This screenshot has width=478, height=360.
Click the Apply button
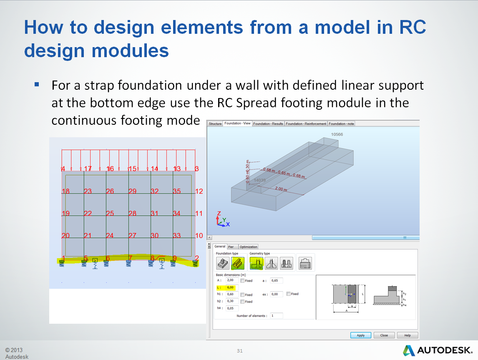point(360,335)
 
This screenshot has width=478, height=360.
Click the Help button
point(407,335)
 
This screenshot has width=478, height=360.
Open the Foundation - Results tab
point(268,123)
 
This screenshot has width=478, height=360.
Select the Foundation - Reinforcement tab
point(306,123)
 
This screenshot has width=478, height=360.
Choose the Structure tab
point(215,123)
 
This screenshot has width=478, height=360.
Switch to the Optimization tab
point(248,247)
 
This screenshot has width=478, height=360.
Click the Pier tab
point(231,247)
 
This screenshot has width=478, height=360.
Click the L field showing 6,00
point(231,287)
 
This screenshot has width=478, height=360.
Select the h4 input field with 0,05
point(231,308)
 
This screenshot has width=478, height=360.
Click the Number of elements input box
point(276,316)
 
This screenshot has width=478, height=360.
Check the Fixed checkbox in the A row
point(243,281)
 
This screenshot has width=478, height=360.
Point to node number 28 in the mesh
point(132,213)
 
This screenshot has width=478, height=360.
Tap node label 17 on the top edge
point(88,169)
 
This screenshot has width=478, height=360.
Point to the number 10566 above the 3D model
point(337,135)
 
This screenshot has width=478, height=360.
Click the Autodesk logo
point(438,350)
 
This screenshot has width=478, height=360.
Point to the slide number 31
point(239,351)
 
